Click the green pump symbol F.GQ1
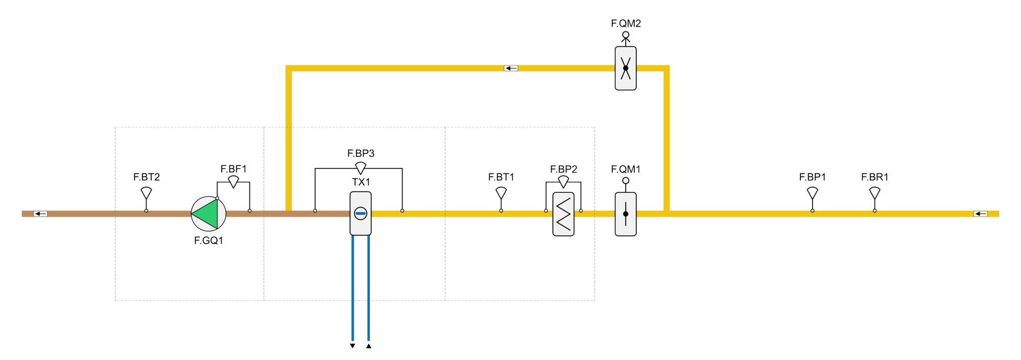pyautogui.click(x=208, y=213)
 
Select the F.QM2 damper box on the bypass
pyautogui.click(x=625, y=68)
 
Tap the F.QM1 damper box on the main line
pyautogui.click(x=625, y=214)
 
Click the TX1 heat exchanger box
pyautogui.click(x=360, y=213)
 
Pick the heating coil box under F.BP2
pyautogui.click(x=563, y=214)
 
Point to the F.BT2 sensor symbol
pyautogui.click(x=146, y=193)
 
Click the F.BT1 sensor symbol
pyautogui.click(x=501, y=193)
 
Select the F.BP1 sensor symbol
pyautogui.click(x=812, y=193)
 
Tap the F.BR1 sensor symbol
pyautogui.click(x=874, y=193)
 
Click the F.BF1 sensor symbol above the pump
pyautogui.click(x=233, y=181)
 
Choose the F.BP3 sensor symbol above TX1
pyautogui.click(x=361, y=167)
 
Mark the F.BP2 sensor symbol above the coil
pyautogui.click(x=563, y=181)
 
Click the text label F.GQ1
pyautogui.click(x=208, y=241)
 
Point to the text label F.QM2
pyautogui.click(x=626, y=23)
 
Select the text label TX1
pyautogui.click(x=361, y=182)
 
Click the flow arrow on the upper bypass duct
pyautogui.click(x=511, y=68)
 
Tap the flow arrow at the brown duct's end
pyautogui.click(x=40, y=213)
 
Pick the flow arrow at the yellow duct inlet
pyautogui.click(x=980, y=213)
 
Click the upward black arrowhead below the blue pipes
pyautogui.click(x=369, y=346)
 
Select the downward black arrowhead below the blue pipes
pyautogui.click(x=352, y=346)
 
